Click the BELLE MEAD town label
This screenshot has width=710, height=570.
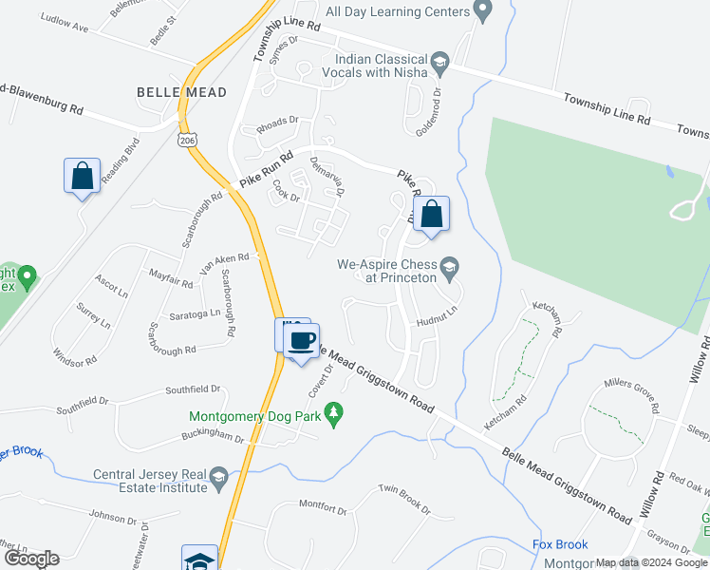point(181,92)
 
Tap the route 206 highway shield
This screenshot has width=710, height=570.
point(186,141)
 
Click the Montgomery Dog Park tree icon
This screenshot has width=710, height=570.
point(333,415)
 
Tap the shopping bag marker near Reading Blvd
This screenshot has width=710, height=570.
point(82,177)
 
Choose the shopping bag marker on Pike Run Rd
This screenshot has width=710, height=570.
point(431,215)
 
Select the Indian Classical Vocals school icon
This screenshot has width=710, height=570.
point(439,62)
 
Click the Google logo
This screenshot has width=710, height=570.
point(30,559)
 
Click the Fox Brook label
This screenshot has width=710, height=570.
point(561,545)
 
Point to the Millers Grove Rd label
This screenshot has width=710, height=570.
point(631,394)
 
